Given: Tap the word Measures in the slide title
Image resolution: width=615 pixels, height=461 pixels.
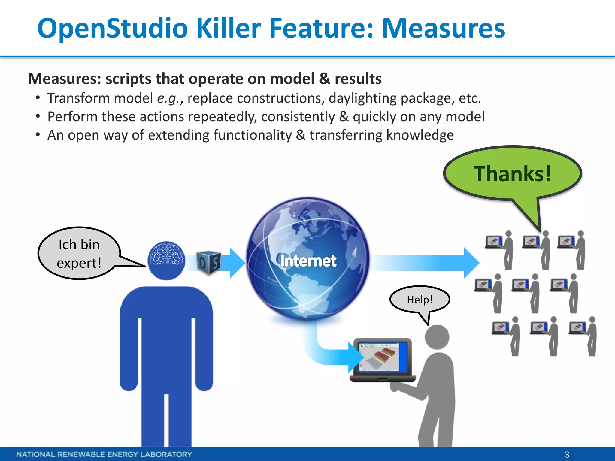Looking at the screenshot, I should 443,29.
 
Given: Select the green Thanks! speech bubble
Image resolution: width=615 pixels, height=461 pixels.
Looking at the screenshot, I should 512,174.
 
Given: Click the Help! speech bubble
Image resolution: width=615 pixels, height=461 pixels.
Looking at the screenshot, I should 420,299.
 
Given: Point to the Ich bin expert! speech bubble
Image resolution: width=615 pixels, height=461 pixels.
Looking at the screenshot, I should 79,253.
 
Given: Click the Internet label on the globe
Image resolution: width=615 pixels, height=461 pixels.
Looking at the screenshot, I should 308,261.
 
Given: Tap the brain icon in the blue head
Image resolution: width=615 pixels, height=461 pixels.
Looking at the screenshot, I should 166,254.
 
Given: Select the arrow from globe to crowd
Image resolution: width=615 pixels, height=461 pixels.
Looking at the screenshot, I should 426,263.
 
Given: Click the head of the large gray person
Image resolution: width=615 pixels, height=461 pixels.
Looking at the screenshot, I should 437,337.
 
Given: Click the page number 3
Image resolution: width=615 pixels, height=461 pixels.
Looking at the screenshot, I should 567,454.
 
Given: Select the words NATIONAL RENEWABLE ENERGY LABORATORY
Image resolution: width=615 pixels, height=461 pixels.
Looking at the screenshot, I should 104,454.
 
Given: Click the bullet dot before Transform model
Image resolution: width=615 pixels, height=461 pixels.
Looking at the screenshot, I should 38,98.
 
